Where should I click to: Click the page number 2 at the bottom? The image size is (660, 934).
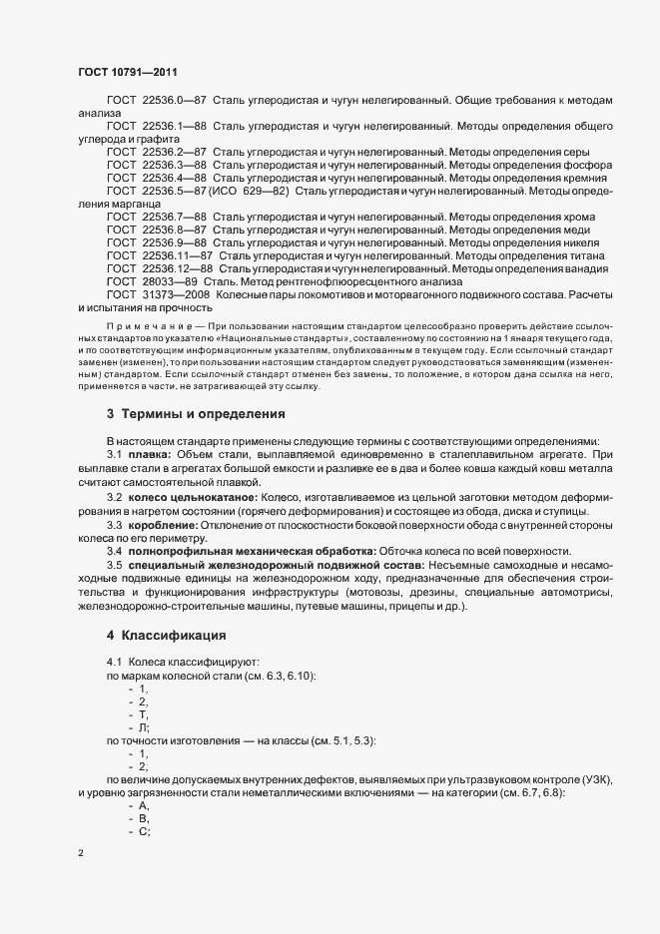click(80, 854)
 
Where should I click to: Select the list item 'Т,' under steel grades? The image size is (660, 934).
click(144, 715)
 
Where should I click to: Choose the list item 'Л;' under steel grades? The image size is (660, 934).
click(144, 728)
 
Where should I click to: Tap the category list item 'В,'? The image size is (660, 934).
click(144, 818)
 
